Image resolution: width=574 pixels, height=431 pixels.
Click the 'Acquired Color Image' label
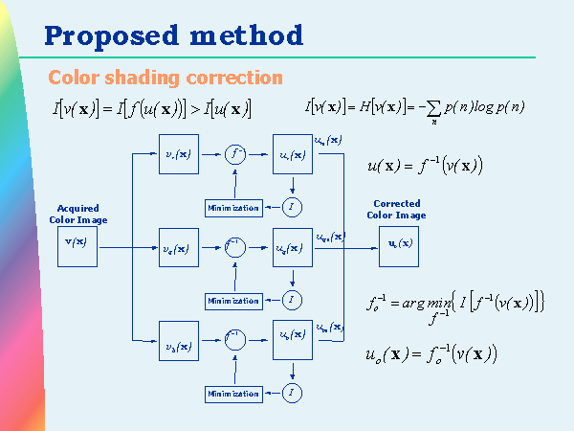click(77, 214)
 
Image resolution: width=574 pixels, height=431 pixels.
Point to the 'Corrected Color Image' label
click(396, 209)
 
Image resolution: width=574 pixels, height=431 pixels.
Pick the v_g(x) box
click(177, 249)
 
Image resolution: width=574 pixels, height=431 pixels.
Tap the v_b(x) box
click(177, 345)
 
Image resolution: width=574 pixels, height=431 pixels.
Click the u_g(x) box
click(292, 249)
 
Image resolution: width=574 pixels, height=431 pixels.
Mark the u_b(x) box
click(292, 338)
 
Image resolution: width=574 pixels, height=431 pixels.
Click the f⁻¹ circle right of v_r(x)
click(235, 153)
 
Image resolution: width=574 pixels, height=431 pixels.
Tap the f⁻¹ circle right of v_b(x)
click(235, 338)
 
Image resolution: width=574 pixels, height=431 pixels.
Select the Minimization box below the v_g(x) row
click(233, 301)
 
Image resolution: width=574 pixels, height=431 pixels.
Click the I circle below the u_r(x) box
click(292, 207)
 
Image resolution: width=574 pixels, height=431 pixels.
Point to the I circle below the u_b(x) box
click(292, 393)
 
